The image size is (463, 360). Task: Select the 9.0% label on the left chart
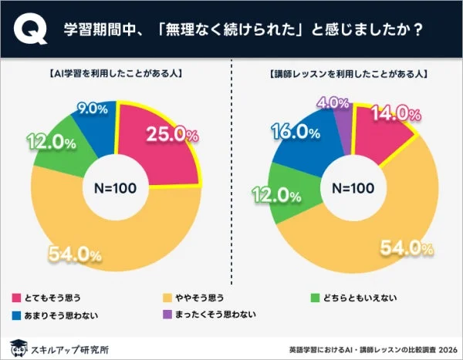pyautogui.click(x=91, y=109)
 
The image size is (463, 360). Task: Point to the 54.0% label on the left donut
pyautogui.click(x=75, y=254)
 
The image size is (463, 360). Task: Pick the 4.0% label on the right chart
pyautogui.click(x=334, y=102)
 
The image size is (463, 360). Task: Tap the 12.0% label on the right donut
pyautogui.click(x=275, y=193)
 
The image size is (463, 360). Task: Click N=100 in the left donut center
pyautogui.click(x=115, y=187)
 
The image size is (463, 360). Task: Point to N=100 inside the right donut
pyautogui.click(x=348, y=187)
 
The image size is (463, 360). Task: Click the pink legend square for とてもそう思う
pyautogui.click(x=17, y=297)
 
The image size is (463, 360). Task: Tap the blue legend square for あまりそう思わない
pyautogui.click(x=17, y=315)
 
